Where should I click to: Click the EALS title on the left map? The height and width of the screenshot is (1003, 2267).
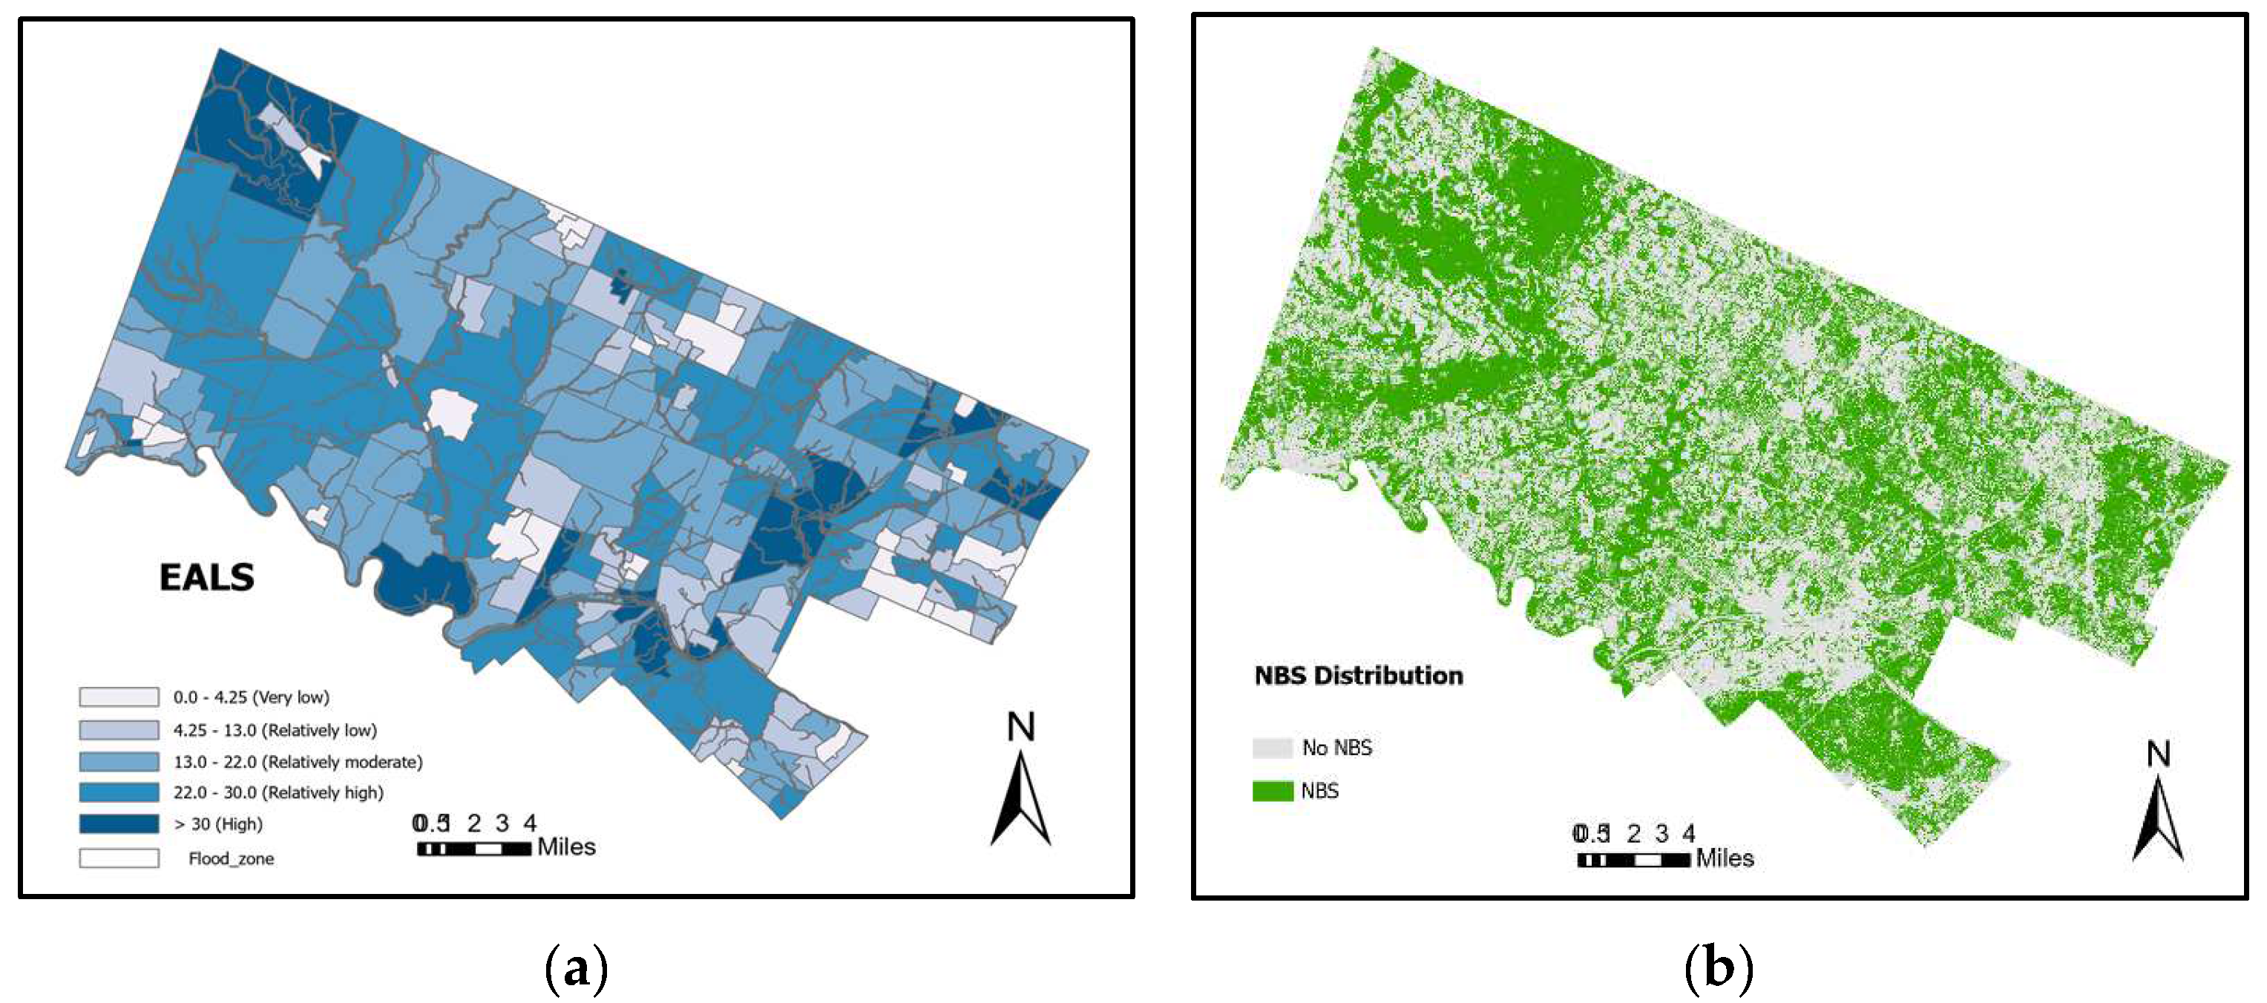[207, 577]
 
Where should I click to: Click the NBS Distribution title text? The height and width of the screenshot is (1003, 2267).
[1358, 676]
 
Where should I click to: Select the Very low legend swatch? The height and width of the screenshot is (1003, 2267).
[119, 697]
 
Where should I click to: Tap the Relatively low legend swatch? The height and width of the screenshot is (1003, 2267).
[119, 729]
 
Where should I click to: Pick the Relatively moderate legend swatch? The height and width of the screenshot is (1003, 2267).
[119, 761]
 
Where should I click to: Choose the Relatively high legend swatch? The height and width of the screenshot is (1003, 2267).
[119, 792]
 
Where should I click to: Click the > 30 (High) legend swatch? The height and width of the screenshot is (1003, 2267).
[119, 823]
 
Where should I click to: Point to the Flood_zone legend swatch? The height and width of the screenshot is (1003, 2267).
[119, 858]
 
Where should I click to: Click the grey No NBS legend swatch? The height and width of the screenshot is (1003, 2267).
[1273, 748]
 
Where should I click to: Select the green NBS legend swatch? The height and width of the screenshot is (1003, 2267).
[1273, 790]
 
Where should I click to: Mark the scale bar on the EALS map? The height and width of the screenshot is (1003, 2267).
[473, 848]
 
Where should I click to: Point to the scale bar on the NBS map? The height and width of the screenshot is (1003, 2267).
[1633, 860]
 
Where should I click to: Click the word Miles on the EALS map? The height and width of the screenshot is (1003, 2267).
[566, 846]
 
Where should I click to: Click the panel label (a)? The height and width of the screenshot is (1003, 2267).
[577, 968]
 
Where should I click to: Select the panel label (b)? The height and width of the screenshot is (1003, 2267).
[1718, 968]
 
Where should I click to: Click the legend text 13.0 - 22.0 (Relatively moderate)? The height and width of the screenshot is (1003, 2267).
[298, 762]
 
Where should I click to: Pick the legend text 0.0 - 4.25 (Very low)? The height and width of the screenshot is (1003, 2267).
[251, 697]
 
